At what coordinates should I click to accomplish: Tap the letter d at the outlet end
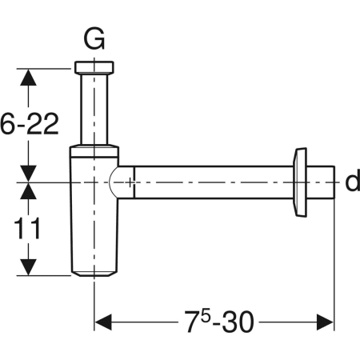(351, 182)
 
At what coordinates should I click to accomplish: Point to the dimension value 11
(30, 230)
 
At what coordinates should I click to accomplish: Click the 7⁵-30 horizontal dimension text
(216, 322)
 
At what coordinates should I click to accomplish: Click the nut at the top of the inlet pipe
(94, 67)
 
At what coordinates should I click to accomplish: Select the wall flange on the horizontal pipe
(301, 182)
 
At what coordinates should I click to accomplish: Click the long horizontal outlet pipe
(212, 182)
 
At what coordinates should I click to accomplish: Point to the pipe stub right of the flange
(321, 182)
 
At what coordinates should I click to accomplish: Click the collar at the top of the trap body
(94, 150)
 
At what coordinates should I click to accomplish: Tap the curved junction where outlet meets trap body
(120, 182)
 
